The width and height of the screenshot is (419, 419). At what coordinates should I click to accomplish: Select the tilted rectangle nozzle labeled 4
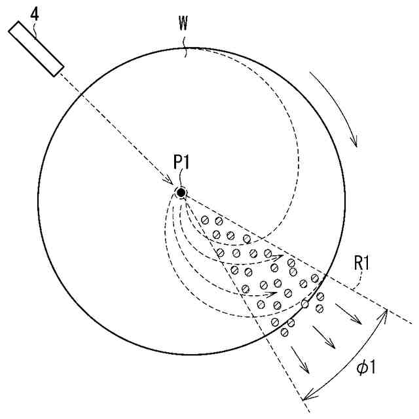click(37, 48)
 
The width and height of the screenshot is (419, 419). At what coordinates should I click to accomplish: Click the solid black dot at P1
click(181, 192)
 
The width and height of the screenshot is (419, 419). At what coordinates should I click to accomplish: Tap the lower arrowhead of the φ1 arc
click(306, 395)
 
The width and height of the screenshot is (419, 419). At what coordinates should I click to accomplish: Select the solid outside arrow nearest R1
click(358, 321)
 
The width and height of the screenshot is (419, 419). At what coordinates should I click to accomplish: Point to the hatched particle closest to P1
click(205, 219)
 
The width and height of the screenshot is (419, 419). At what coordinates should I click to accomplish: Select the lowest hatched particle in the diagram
click(285, 332)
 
